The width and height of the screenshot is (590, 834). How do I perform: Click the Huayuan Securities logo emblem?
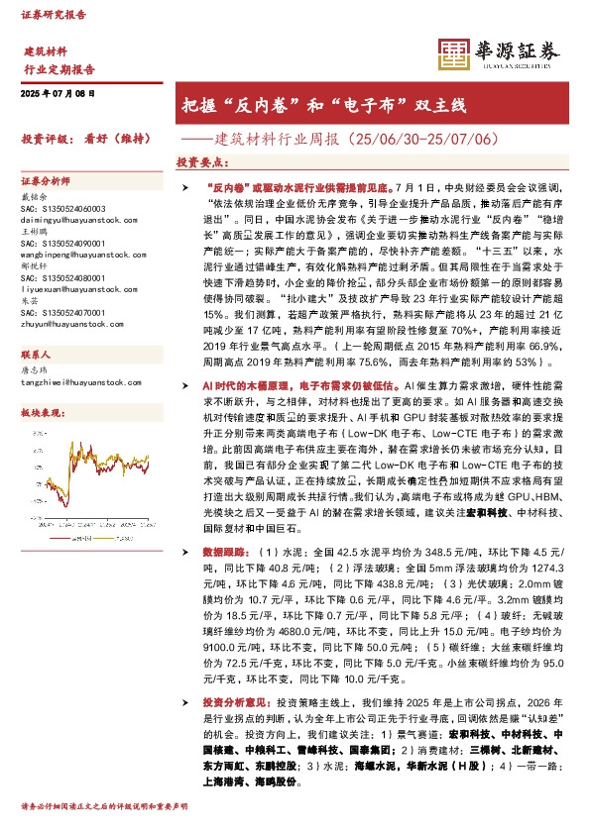coord(453,54)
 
